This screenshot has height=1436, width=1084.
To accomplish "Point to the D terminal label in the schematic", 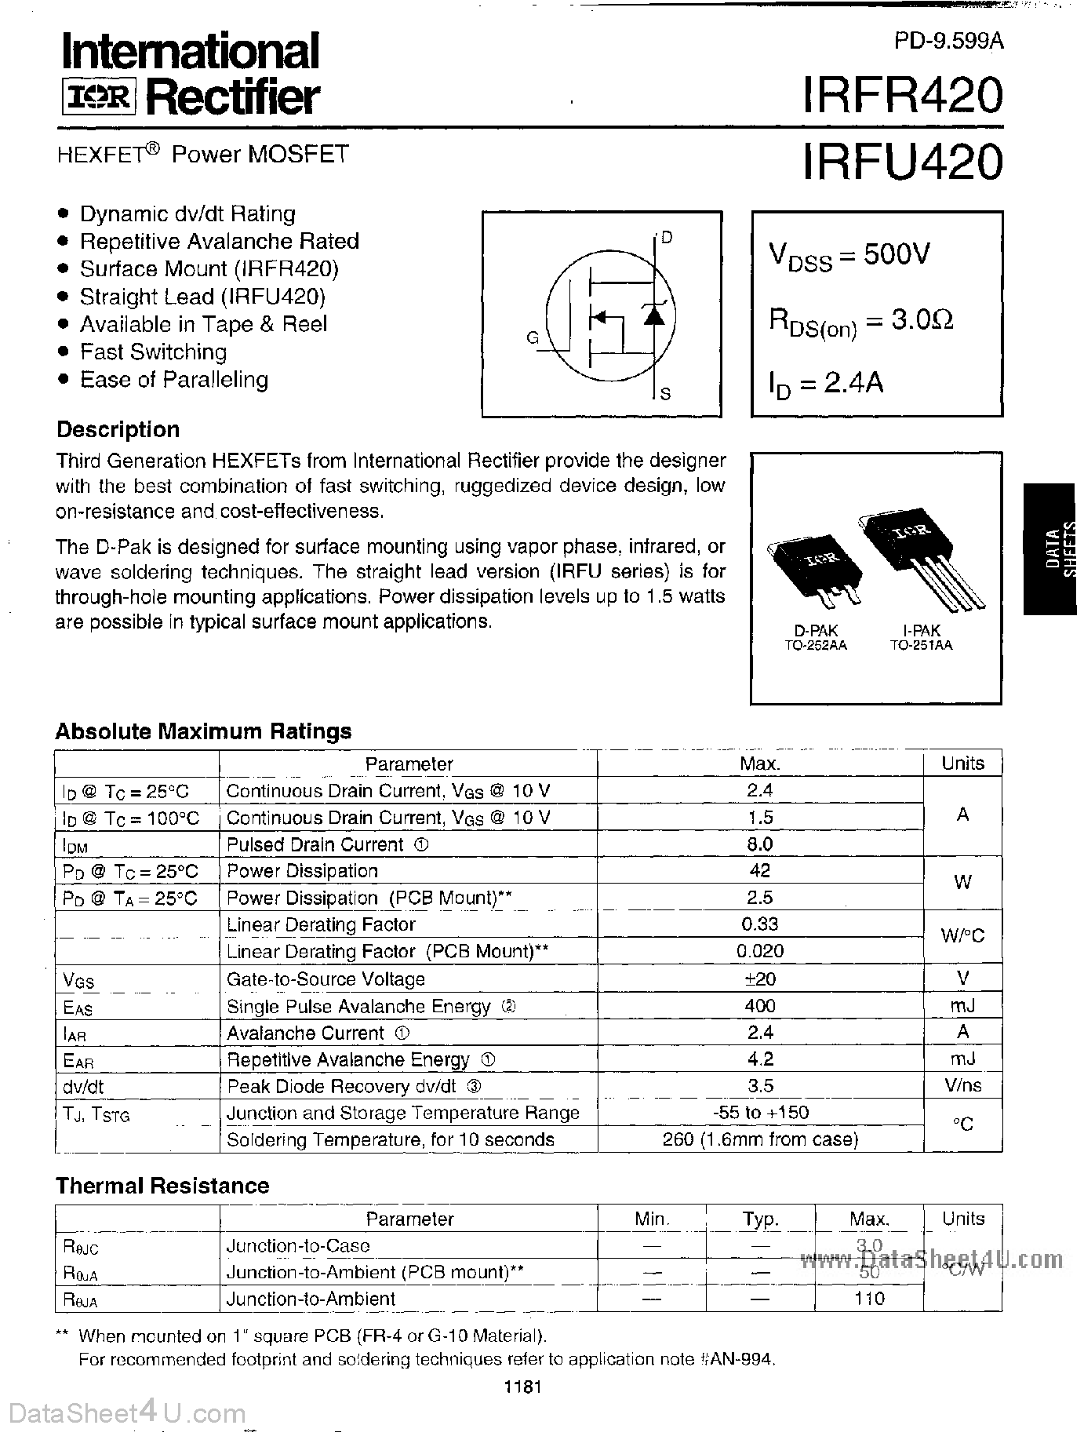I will click(667, 237).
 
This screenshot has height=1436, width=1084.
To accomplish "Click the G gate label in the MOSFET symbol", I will click(533, 338).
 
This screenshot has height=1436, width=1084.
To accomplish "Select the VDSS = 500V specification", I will click(849, 256).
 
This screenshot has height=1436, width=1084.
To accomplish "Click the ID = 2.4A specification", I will click(825, 385).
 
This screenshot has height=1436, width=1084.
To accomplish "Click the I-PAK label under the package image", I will click(921, 630).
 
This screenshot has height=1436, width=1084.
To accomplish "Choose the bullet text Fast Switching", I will click(154, 352).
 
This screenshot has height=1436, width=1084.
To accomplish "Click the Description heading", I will click(118, 430).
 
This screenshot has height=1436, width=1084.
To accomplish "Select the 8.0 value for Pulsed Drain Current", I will click(759, 844).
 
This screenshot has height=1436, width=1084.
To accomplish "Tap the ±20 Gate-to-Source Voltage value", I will click(759, 979).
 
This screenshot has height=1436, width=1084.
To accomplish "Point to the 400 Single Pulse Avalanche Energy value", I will click(759, 1005).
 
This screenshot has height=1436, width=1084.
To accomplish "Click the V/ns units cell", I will click(962, 1086).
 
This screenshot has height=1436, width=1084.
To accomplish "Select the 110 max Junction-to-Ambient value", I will click(869, 1299).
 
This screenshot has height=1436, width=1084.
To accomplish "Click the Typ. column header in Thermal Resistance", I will click(760, 1219).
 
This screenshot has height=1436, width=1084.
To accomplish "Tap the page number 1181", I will click(524, 1387).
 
